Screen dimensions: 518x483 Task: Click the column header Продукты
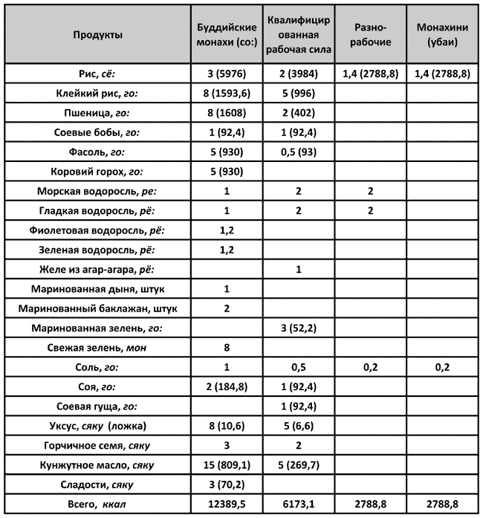point(98,35)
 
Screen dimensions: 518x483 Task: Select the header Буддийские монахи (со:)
point(226,35)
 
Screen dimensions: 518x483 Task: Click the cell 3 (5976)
point(226,74)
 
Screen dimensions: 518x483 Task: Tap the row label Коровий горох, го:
point(98,171)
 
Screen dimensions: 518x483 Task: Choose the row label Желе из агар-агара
point(98,268)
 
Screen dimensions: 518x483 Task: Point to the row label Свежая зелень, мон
point(98,346)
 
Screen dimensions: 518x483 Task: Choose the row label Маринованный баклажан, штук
point(98,308)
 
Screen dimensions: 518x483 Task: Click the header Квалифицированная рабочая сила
point(298,35)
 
